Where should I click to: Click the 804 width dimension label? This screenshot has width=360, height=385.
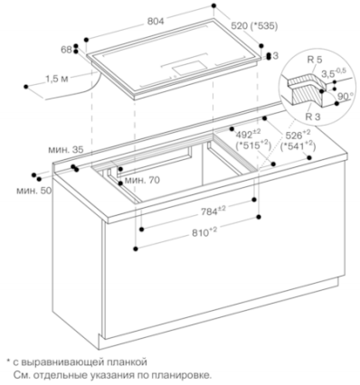pos(156,21)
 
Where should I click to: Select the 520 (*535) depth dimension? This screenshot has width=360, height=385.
pos(254,26)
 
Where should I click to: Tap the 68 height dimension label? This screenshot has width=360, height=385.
pos(66,50)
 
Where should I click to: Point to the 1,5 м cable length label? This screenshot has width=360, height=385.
pos(57,79)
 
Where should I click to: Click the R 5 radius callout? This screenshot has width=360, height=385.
pos(314,60)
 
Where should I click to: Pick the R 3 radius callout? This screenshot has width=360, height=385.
pos(313,117)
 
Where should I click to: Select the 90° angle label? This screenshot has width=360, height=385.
pos(346,97)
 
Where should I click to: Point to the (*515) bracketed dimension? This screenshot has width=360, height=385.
pos(253,146)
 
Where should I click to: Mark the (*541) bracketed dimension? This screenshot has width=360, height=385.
pos(298,146)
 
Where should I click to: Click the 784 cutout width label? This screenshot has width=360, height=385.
pos(213,211)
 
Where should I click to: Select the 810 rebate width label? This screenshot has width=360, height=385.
pos(204,232)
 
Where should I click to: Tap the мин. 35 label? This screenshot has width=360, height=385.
pos(65,150)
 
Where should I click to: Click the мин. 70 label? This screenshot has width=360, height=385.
pos(142,180)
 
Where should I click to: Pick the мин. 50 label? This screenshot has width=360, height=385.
pos(33,191)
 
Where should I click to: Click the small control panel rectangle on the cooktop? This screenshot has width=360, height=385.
pos(188,68)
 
